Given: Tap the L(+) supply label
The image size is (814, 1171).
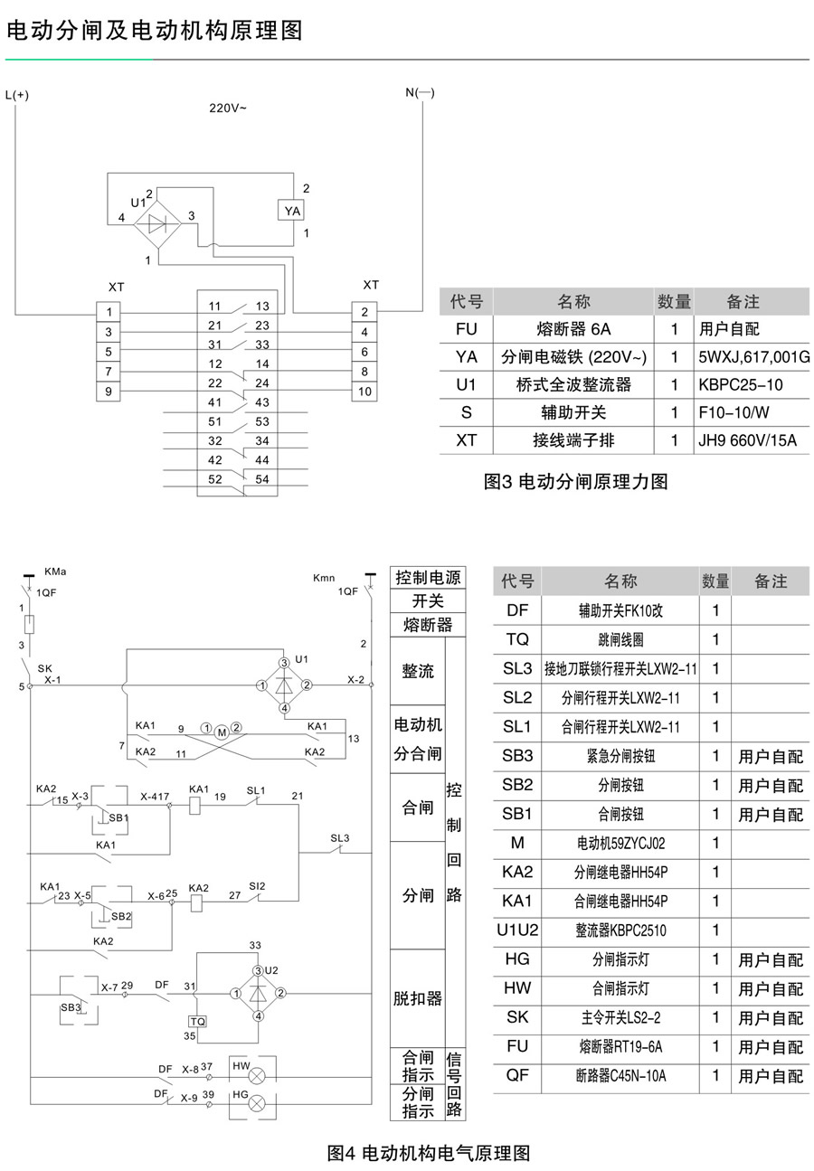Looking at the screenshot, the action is tap(16, 95).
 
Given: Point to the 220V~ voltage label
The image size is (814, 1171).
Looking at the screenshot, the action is tap(227, 109).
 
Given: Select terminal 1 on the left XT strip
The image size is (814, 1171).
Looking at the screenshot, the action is tap(109, 312).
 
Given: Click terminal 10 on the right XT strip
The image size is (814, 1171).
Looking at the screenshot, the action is tap(364, 392).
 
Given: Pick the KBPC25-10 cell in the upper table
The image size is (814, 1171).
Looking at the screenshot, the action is tap(740, 385).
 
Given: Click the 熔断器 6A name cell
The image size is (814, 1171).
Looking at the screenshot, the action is tap(573, 329).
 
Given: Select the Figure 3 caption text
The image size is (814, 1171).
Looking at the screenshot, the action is tap(575, 481).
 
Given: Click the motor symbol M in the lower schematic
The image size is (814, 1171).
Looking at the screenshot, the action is tap(222, 732).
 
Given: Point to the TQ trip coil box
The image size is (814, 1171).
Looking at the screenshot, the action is tap(197, 1021).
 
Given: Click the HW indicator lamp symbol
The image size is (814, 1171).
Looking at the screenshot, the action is tap(256, 1076).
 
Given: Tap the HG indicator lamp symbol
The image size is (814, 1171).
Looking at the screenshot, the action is tap(256, 1103).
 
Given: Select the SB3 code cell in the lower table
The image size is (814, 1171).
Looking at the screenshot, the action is tap(517, 755).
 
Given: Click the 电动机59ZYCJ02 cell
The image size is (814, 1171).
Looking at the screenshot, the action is tap(620, 843).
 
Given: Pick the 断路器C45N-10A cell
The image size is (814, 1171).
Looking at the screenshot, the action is tap(620, 1075).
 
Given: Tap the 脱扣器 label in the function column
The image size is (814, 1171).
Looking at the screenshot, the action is tap(417, 998).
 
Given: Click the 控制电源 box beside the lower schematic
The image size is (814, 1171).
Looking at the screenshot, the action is tap(428, 578).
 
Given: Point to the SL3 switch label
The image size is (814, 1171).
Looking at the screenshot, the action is tap(339, 838).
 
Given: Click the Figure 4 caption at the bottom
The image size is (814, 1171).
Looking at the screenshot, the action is tap(429, 1153).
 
